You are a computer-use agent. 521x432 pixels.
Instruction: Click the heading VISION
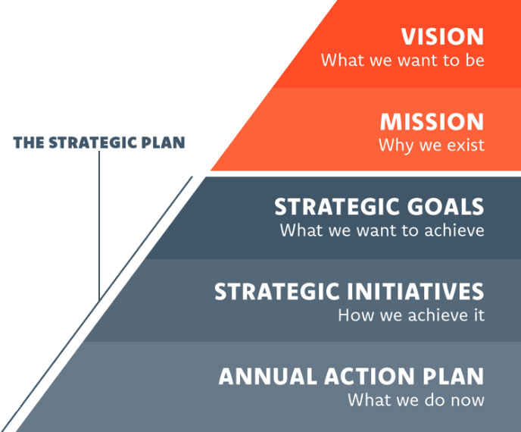coord(442,36)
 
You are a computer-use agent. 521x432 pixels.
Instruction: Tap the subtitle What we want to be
coord(402,60)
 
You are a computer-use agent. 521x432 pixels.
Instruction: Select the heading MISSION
coord(432,122)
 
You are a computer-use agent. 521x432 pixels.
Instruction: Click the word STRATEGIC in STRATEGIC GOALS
coord(338,207)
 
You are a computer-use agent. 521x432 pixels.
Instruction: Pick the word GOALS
coord(445,207)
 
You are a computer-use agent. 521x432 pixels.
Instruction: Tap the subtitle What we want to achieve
coord(382,230)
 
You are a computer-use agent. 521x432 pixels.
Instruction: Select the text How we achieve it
coord(411,315)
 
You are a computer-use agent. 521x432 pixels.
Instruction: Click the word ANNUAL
coord(268,377)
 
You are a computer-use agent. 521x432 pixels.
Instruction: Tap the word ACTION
coord(369,377)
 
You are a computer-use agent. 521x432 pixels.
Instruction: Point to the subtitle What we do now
coord(416,400)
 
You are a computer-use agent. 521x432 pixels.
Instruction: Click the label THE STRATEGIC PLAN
coord(99,142)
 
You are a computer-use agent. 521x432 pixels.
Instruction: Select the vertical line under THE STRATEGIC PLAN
coord(99,226)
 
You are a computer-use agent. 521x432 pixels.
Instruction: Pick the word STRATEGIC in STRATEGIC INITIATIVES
coord(277,292)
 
